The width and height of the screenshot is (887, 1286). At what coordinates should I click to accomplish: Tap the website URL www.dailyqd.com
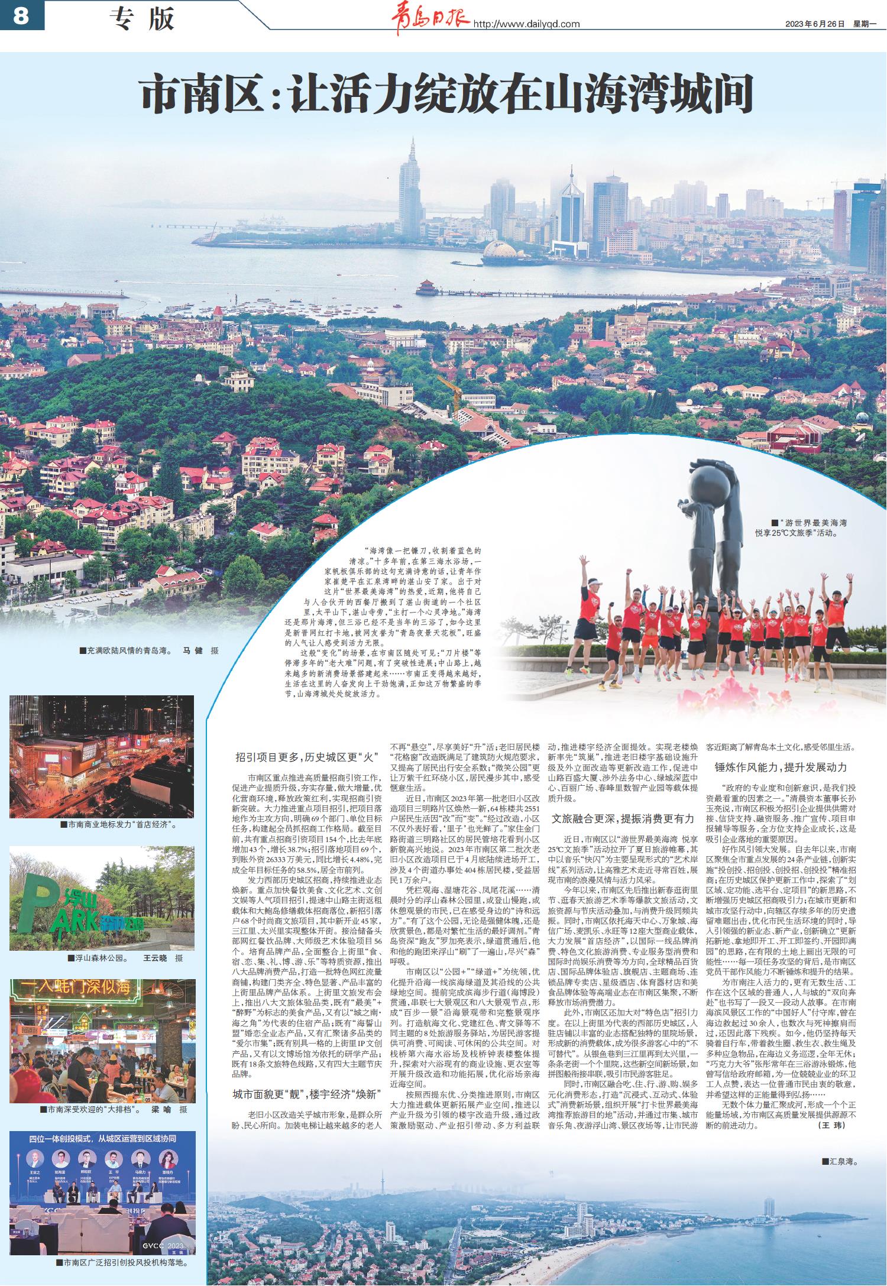tap(526, 24)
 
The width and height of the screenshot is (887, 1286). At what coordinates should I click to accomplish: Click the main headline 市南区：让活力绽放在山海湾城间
tap(446, 95)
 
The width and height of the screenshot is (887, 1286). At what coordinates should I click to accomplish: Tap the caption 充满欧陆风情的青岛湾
tap(124, 650)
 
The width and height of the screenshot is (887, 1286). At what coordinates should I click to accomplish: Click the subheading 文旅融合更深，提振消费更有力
tap(623, 818)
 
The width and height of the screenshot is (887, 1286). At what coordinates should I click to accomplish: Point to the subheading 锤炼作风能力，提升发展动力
tap(781, 767)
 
